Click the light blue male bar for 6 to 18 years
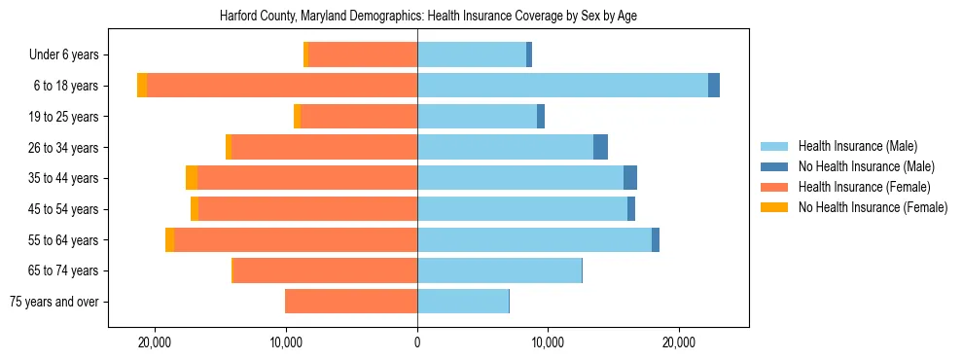pos(562,86)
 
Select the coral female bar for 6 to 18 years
pos(282,86)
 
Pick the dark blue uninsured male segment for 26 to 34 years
pos(600,147)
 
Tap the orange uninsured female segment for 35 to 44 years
pos(192,178)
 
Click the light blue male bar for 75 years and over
pos(463,302)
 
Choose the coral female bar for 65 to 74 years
pos(325,270)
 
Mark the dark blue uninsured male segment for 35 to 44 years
pos(630,178)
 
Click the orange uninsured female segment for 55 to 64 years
pos(170,239)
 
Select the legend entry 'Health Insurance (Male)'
pos(857,146)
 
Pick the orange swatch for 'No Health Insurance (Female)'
pos(774,207)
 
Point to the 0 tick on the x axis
pos(417,342)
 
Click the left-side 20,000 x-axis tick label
pos(155,342)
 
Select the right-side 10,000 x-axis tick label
pos(548,342)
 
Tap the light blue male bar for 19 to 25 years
pos(477,117)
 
